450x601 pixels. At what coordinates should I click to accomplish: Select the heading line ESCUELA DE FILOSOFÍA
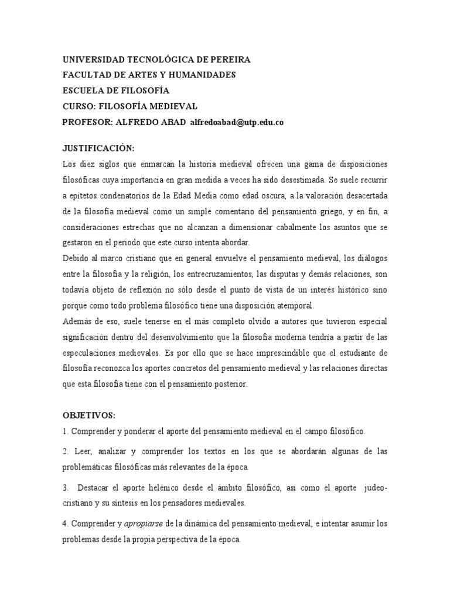tap(115, 90)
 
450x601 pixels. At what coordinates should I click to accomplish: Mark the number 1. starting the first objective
tap(65, 431)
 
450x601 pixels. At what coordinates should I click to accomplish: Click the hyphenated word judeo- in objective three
tap(374, 488)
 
